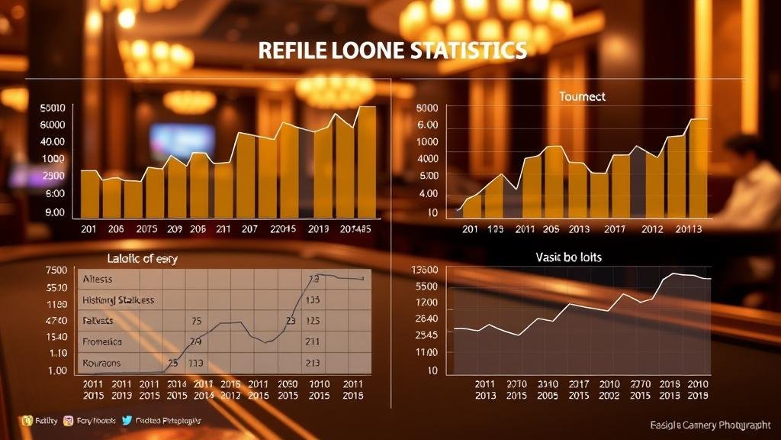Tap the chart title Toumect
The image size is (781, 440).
pos(582,97)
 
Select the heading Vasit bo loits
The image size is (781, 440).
pos(569,257)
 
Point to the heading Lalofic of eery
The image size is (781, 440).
pos(143,259)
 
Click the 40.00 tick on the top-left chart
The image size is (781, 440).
pos(53,141)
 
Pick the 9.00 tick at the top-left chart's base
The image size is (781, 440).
pos(55,212)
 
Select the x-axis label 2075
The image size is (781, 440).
pos(147,229)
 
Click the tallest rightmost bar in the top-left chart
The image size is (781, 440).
pos(367,161)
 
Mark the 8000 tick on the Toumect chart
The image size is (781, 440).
pos(428,108)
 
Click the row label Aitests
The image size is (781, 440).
pos(97,280)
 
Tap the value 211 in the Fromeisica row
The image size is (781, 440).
pos(312,341)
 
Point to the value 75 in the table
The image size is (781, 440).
pos(196,321)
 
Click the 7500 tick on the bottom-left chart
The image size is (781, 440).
pos(56,270)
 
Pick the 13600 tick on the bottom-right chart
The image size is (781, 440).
pos(424,270)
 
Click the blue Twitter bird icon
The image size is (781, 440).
pos(125,420)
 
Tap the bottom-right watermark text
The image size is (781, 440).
pos(710,425)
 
